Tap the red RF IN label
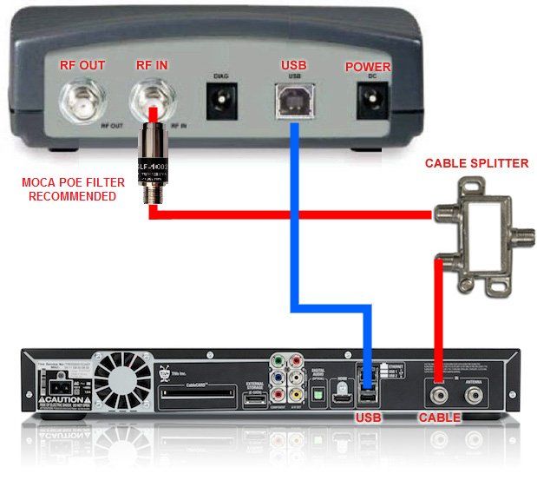[x=154, y=67]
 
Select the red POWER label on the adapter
[x=368, y=67]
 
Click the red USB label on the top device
[x=293, y=67]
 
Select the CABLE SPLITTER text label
[x=476, y=163]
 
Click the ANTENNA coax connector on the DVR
[x=474, y=395]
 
